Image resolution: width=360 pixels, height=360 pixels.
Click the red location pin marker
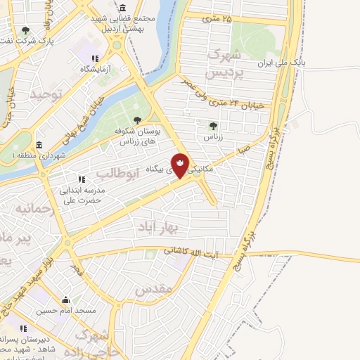[x=181, y=165]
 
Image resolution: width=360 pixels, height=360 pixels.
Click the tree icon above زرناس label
[x=213, y=125]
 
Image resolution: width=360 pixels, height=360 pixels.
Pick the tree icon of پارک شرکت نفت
[x=26, y=30]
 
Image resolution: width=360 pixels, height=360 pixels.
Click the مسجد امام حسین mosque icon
[x=67, y=300]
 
